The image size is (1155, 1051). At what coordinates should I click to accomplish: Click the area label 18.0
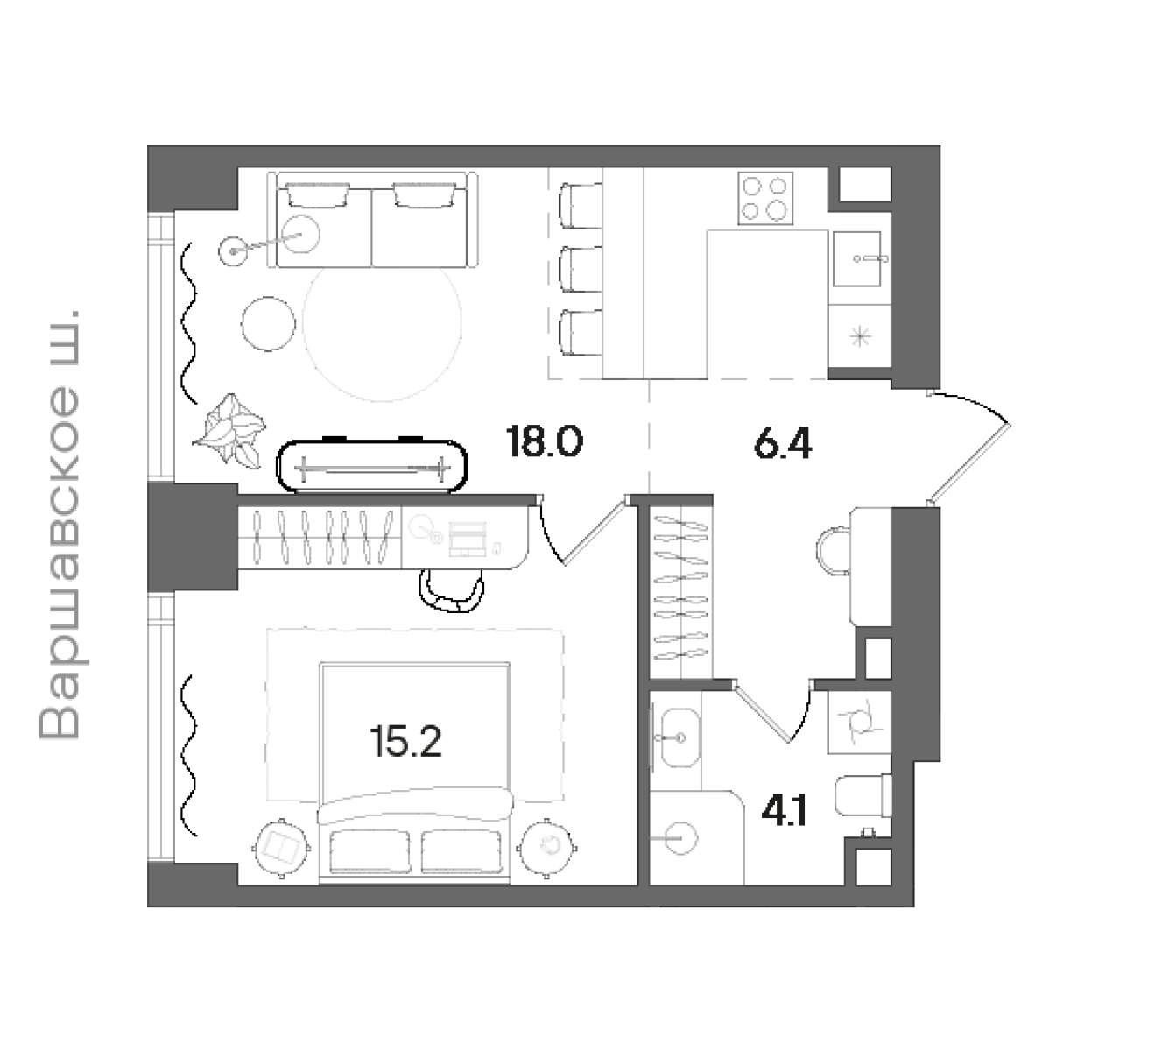point(544,441)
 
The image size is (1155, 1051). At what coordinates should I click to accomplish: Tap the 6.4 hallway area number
point(783,444)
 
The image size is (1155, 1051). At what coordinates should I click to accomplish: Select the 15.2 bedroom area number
point(406,742)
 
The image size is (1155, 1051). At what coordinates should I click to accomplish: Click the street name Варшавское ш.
point(60,525)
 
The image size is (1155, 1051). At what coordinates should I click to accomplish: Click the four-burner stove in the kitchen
point(765,198)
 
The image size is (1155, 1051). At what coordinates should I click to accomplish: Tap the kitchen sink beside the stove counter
point(856,258)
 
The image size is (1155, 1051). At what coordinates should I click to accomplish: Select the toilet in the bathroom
point(863,796)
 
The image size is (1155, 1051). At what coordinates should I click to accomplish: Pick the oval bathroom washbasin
point(680,737)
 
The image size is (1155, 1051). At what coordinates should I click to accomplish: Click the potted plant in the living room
point(229,430)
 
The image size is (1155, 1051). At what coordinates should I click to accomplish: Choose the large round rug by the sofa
point(383,321)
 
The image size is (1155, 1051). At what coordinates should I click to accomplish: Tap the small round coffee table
point(268,324)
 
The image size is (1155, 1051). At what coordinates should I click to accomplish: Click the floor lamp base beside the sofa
point(233,251)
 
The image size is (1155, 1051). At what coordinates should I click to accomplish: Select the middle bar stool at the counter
point(581,270)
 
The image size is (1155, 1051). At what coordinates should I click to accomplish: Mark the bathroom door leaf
point(762,712)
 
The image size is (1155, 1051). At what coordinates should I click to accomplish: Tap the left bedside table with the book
point(282,848)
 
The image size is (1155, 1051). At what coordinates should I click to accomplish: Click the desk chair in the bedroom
point(452,590)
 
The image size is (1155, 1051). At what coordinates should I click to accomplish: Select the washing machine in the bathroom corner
point(860,723)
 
